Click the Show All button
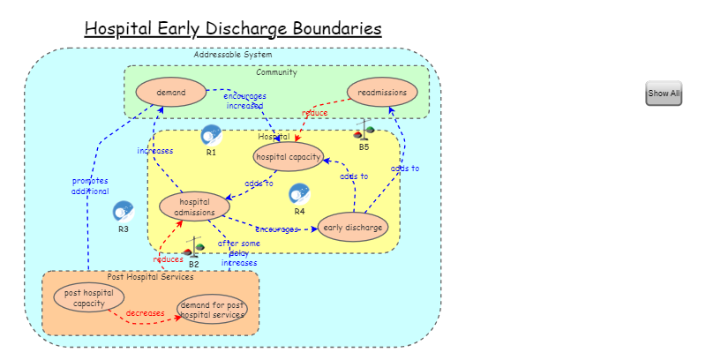(664, 93)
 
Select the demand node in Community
(171, 92)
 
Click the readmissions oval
(382, 92)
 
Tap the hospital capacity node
(289, 157)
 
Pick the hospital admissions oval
(189, 206)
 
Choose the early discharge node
(353, 228)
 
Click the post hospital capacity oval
(88, 298)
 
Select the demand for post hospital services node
(212, 310)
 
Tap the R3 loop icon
(123, 212)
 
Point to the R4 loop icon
(299, 194)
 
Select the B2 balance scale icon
(194, 247)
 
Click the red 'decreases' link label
(145, 313)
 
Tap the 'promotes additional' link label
(90, 186)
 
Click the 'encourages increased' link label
(244, 101)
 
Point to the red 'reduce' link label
(314, 113)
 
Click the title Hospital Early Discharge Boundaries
(233, 29)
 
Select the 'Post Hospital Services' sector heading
(150, 277)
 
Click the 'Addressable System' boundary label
(233, 55)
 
